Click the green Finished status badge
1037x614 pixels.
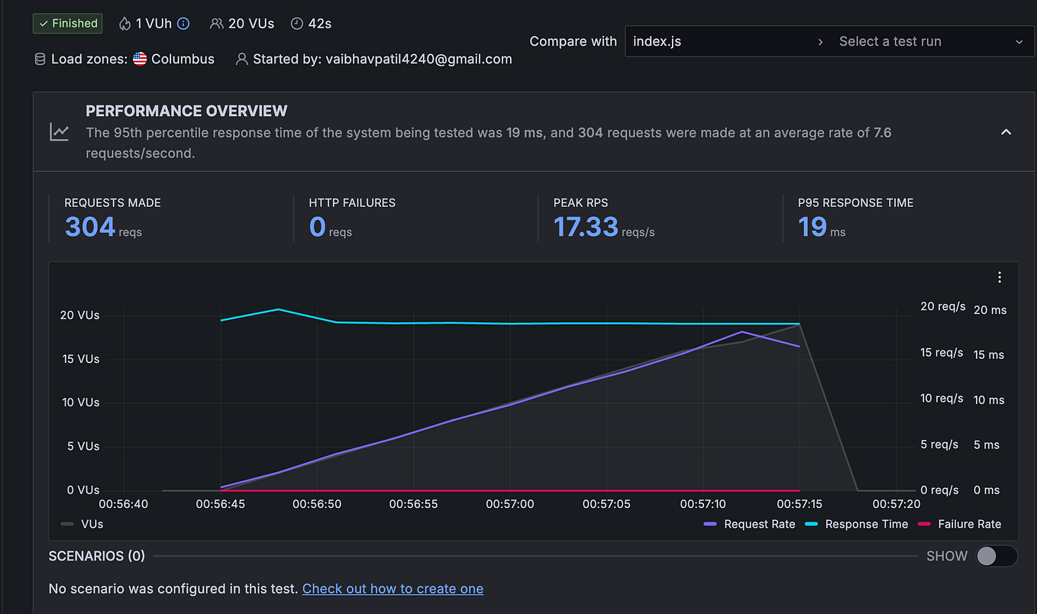point(67,24)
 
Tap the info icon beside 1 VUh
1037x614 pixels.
point(183,24)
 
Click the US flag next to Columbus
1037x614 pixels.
point(140,59)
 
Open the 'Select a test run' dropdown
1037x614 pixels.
point(929,41)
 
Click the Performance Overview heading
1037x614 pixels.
point(186,111)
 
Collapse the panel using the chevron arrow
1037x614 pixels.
point(1006,132)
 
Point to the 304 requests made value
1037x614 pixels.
point(90,227)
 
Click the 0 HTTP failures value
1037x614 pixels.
point(318,227)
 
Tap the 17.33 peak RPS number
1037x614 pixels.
point(586,227)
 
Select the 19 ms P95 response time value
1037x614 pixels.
point(812,227)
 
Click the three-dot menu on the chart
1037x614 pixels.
point(999,277)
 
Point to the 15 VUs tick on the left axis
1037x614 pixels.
point(80,359)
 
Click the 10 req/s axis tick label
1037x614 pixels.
point(942,399)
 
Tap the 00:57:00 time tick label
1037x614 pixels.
point(509,504)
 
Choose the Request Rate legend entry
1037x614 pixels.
point(759,524)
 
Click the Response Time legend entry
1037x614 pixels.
point(866,524)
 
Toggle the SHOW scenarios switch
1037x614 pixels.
point(996,556)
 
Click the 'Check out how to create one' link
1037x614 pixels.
point(393,589)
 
